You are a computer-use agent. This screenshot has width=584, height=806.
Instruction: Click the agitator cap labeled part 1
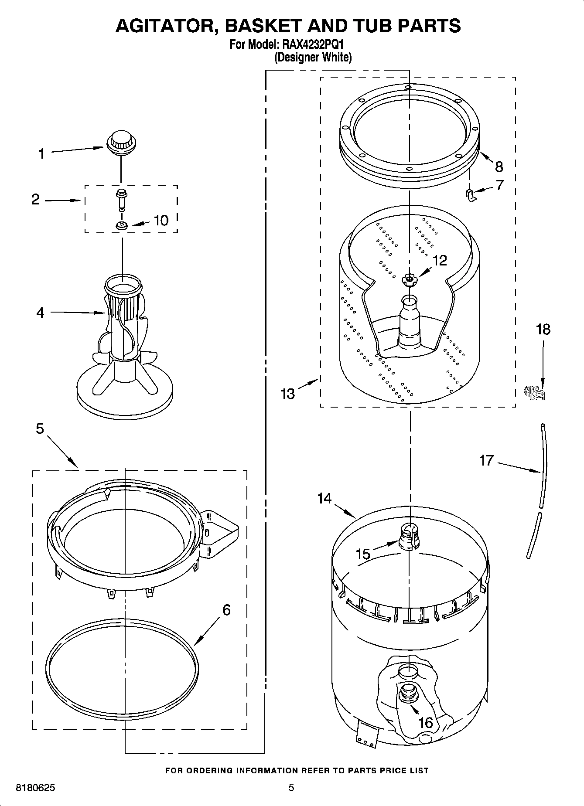(121, 143)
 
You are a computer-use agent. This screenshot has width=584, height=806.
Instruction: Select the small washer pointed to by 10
(121, 225)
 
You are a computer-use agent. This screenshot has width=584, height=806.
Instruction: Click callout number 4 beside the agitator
(40, 313)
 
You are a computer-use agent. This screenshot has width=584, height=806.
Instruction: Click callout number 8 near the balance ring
(499, 167)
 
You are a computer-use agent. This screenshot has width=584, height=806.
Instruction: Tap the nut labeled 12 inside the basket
(410, 279)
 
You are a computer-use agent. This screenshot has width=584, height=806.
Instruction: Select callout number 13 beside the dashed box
(288, 394)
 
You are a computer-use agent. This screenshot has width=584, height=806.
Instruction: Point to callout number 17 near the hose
(486, 460)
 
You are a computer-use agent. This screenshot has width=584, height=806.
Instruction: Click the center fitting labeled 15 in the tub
(408, 537)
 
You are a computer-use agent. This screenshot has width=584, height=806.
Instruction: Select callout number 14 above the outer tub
(324, 498)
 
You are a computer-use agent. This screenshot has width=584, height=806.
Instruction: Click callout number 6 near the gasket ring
(226, 609)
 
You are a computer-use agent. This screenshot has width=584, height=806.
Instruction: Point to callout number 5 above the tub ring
(40, 429)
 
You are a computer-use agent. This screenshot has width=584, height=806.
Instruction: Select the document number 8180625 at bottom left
(35, 788)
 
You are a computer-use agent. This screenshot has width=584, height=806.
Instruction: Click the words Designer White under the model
(313, 57)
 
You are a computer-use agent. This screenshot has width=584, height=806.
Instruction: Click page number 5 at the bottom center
(291, 788)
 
